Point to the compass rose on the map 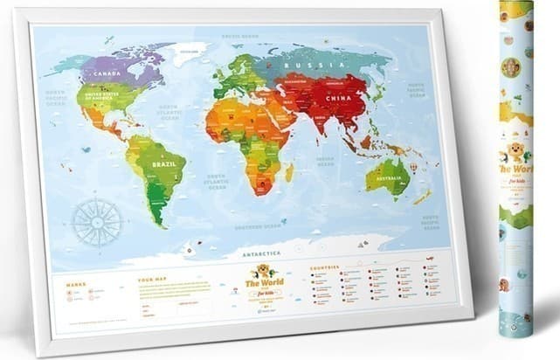(x=96, y=219)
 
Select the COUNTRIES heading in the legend (x=326, y=267)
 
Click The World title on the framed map (x=259, y=282)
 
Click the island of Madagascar (x=289, y=172)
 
